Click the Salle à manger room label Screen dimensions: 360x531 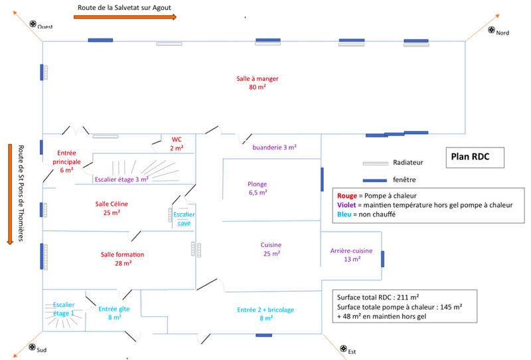point(257,82)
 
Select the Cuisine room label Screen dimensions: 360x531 point(271,249)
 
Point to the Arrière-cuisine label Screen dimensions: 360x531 point(351,254)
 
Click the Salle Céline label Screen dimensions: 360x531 point(112,208)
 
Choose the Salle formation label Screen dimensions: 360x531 point(122,258)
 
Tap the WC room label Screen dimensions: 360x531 point(177,143)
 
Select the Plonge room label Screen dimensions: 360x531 point(257,188)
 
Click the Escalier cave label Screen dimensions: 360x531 point(185,219)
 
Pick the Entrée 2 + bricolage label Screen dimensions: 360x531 point(265,314)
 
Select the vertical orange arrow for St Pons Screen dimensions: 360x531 point(9,193)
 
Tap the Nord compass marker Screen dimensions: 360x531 point(492,30)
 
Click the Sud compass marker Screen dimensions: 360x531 point(31,347)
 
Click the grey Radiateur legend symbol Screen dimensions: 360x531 point(375,163)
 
